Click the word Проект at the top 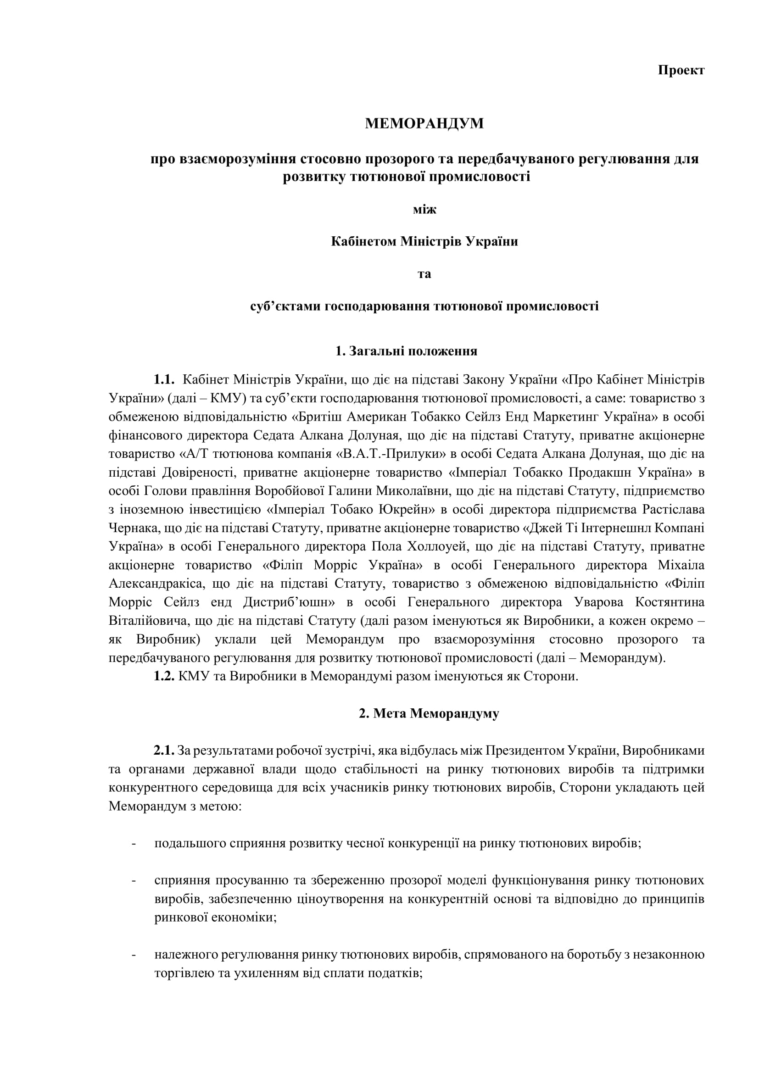pyautogui.click(x=681, y=70)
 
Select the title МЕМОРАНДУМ pyautogui.click(x=424, y=124)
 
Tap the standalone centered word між pyautogui.click(x=424, y=209)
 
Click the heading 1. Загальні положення pyautogui.click(x=406, y=351)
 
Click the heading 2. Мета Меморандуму pyautogui.click(x=429, y=714)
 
